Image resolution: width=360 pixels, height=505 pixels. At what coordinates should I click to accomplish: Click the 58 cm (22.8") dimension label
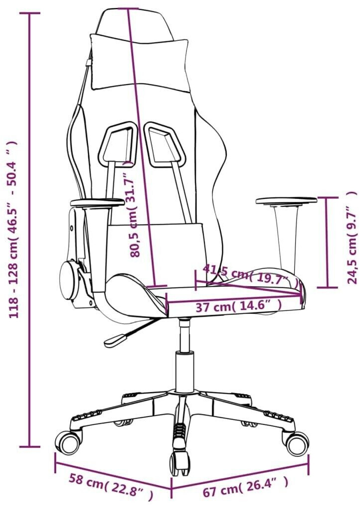[x=111, y=485]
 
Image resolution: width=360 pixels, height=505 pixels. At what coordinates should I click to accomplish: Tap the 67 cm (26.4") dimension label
[x=246, y=484]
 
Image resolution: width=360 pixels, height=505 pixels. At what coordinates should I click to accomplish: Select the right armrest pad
[x=286, y=201]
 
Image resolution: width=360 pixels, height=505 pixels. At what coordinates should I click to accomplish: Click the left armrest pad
[x=97, y=202]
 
